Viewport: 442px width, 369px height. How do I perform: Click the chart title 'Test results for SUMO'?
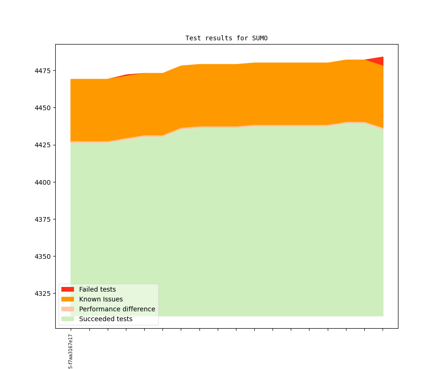[227, 38]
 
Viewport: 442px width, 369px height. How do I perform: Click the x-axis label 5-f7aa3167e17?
[71, 351]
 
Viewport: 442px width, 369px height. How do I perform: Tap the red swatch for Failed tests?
[68, 289]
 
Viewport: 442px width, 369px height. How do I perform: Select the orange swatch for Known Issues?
[68, 299]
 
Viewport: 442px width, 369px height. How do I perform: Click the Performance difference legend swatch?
[68, 309]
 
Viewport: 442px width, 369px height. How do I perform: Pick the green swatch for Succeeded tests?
[68, 319]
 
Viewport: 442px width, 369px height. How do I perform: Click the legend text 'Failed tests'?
[97, 289]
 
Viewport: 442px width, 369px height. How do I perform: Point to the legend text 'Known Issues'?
[101, 299]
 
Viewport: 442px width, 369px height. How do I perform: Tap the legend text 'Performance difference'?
[117, 309]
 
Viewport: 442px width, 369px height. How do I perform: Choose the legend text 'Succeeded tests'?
[106, 319]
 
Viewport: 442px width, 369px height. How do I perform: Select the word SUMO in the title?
[260, 38]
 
